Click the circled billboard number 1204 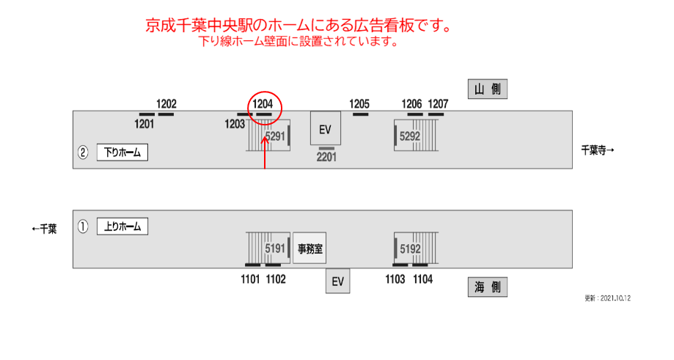[x=263, y=104]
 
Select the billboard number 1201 [x=144, y=124]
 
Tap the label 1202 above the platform [x=166, y=104]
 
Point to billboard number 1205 [x=359, y=104]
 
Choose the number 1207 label [x=438, y=104]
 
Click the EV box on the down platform [x=326, y=128]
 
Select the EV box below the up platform [x=338, y=282]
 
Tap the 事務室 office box [x=309, y=249]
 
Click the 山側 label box [x=488, y=89]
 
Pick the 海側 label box [x=488, y=287]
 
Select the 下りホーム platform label [x=122, y=153]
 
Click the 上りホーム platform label [x=122, y=227]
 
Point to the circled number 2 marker [x=83, y=153]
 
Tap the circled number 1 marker [x=83, y=227]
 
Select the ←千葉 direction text [x=44, y=229]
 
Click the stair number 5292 [x=410, y=136]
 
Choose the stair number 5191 [x=275, y=249]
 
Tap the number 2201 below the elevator [x=326, y=157]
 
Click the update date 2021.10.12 [x=615, y=298]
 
